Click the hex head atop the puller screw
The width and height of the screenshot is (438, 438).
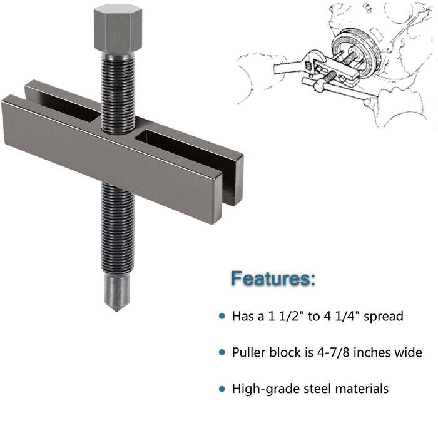click(115, 28)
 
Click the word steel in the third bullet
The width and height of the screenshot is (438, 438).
click(310, 389)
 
